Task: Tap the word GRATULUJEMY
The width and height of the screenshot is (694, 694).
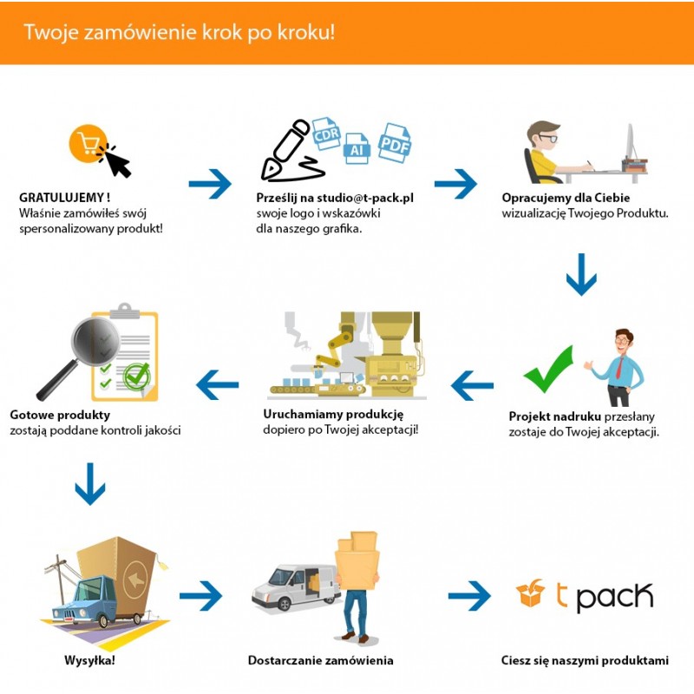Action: click(60, 197)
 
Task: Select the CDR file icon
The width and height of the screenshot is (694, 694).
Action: click(326, 134)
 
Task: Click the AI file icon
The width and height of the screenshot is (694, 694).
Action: click(356, 148)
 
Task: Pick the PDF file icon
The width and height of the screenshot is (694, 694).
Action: click(394, 142)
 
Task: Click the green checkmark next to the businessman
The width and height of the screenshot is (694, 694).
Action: click(548, 368)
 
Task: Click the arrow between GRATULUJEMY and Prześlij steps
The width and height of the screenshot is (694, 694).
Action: click(210, 183)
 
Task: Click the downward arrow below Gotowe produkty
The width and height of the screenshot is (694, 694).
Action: click(90, 483)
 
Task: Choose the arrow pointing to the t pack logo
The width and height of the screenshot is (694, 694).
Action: click(469, 595)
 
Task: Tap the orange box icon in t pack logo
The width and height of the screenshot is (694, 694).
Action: click(529, 594)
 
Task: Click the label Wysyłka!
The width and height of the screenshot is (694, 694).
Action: click(90, 661)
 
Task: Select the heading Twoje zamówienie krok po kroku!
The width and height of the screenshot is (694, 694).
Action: click(179, 32)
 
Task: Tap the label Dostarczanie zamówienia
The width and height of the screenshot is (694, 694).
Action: click(320, 661)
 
